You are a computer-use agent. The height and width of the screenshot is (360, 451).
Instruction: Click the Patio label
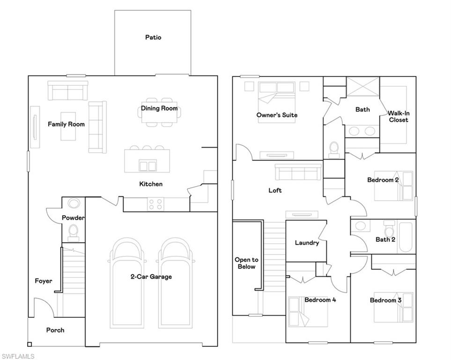pyautogui.click(x=153, y=37)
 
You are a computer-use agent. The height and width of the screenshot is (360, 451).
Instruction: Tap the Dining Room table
pyautogui.click(x=159, y=112)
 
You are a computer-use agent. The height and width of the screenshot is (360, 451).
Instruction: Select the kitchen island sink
pyautogui.click(x=148, y=165)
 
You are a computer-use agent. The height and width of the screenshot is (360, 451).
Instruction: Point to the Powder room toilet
pyautogui.click(x=73, y=231)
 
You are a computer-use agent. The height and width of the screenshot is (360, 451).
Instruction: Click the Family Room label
pyautogui.click(x=66, y=124)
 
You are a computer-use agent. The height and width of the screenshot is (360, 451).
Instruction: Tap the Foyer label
pyautogui.click(x=44, y=281)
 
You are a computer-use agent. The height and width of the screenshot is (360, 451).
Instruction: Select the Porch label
pyautogui.click(x=55, y=330)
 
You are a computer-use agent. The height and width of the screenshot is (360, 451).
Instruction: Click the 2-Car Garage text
pyautogui.click(x=151, y=277)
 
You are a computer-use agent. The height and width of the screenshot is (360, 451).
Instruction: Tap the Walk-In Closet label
pyautogui.click(x=398, y=116)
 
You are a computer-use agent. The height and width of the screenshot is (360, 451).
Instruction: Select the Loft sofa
pyautogui.click(x=298, y=172)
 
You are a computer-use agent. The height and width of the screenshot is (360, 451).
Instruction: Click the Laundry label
pyautogui.click(x=307, y=243)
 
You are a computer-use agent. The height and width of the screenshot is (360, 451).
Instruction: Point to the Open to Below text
pyautogui.click(x=246, y=263)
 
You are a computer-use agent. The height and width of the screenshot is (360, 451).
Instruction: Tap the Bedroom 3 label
pyautogui.click(x=385, y=300)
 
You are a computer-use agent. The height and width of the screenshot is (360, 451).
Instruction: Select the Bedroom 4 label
pyautogui.click(x=320, y=300)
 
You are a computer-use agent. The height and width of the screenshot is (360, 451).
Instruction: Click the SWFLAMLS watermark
pyautogui.click(x=18, y=356)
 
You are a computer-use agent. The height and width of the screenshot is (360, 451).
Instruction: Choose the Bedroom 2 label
pyautogui.click(x=383, y=180)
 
